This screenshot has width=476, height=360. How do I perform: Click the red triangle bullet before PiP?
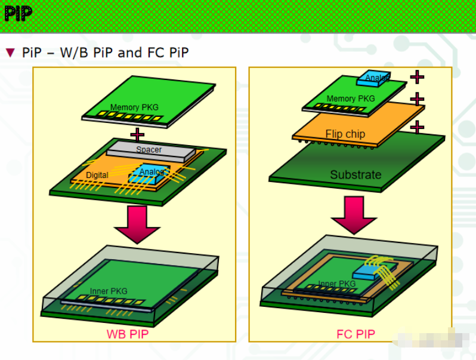coord(10,53)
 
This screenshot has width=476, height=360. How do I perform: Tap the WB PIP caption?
coord(127,334)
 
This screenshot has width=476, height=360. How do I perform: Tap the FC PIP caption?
coord(356,334)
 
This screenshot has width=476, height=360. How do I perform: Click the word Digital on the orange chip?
coord(97,175)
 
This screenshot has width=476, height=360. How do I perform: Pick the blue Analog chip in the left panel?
coord(149,173)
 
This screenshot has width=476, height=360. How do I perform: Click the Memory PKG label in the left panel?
coord(134,107)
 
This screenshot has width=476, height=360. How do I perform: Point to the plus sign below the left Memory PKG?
coord(137,134)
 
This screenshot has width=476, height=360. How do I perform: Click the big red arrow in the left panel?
coord(137,224)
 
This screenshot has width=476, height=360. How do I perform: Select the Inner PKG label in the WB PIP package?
coord(109,291)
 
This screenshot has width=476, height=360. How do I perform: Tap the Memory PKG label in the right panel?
coord(350,99)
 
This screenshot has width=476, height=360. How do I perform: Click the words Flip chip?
coord(345,134)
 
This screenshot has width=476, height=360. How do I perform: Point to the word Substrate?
coord(356,175)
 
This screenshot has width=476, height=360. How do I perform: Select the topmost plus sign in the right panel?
coord(417,76)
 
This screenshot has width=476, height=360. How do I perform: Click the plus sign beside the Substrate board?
coord(417,127)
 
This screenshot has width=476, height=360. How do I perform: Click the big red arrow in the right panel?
coord(354,214)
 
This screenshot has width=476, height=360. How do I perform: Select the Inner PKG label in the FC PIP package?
coord(336,284)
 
